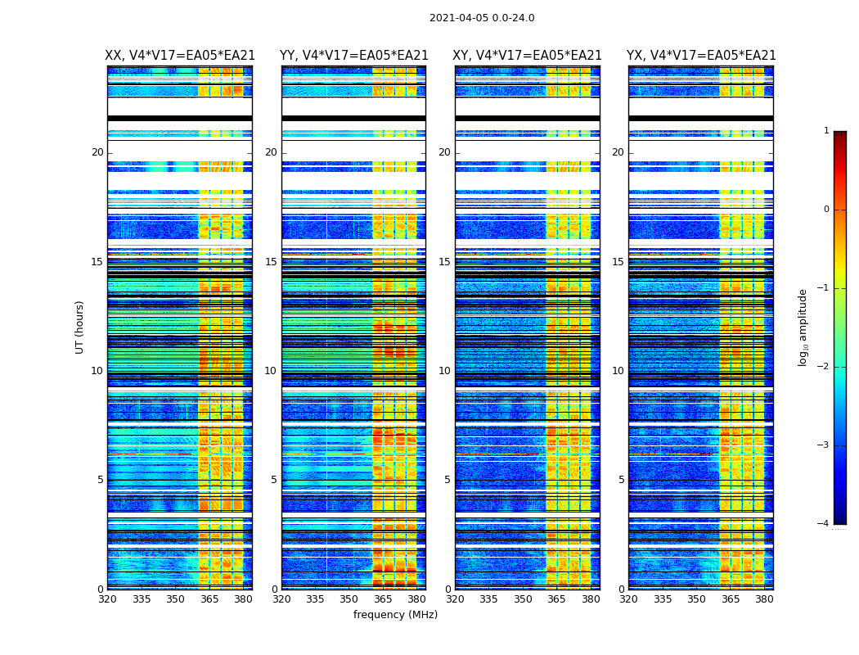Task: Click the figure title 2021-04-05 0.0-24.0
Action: click(x=482, y=18)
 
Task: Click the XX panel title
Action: click(x=180, y=56)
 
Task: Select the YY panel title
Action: click(x=354, y=56)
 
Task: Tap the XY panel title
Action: click(x=528, y=56)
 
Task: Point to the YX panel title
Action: click(x=701, y=56)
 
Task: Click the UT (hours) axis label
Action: click(x=80, y=327)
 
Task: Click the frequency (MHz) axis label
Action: click(x=395, y=615)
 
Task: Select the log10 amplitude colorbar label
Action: click(x=803, y=327)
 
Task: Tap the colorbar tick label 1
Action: click(x=826, y=131)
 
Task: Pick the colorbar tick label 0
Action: click(x=826, y=210)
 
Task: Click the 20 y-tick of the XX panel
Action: click(x=97, y=152)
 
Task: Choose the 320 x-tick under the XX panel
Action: click(x=107, y=599)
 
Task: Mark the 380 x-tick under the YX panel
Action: click(x=764, y=599)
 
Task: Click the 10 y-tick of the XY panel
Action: click(x=444, y=371)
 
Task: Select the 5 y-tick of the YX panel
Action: click(x=621, y=480)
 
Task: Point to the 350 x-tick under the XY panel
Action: click(x=523, y=599)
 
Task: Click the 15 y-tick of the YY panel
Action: click(x=271, y=262)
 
